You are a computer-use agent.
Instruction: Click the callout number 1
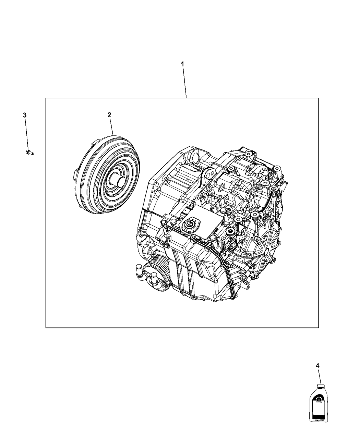tap(183, 64)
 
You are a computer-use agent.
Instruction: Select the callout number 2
tap(109, 115)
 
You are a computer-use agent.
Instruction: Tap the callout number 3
tap(25, 115)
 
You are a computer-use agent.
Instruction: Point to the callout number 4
tap(317, 366)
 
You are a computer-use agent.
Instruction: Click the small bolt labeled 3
tap(29, 152)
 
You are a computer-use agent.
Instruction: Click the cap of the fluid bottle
tap(321, 387)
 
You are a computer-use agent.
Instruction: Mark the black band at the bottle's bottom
tap(319, 416)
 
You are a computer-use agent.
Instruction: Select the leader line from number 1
tap(184, 82)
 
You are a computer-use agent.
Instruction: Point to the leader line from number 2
tap(111, 126)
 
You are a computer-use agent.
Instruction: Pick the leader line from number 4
tap(320, 377)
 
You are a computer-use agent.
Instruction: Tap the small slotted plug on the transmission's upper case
tap(222, 186)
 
